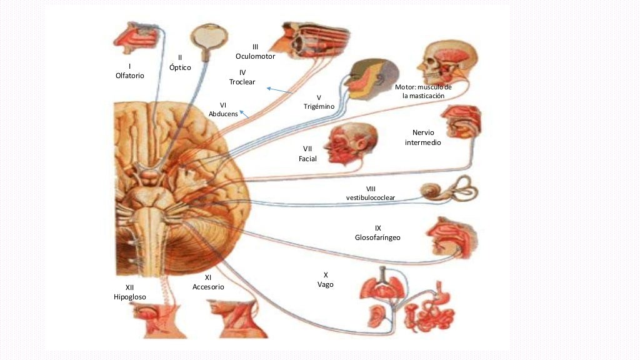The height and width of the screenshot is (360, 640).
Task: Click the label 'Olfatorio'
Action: [x=130, y=76]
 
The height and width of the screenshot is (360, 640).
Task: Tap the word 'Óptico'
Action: [x=180, y=67]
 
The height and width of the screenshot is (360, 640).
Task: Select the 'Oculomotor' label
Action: [x=255, y=56]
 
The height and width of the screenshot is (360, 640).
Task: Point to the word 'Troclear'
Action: [x=242, y=82]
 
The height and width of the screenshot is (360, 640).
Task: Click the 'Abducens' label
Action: [x=223, y=114]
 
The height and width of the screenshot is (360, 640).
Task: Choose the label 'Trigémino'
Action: [x=319, y=107]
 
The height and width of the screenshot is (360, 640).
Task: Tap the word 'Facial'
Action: [x=307, y=159]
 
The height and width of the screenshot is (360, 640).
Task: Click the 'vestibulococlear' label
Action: [x=371, y=197]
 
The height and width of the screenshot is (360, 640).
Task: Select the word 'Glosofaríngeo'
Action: [x=377, y=237]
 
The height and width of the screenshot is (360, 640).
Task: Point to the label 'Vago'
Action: [x=326, y=284]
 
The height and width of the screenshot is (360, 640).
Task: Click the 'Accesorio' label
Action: [x=208, y=287]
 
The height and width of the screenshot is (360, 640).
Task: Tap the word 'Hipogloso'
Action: [x=130, y=297]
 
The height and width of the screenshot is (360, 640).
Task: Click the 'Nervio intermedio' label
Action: [x=427, y=137]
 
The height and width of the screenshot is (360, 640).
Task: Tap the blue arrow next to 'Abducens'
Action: [x=244, y=114]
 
